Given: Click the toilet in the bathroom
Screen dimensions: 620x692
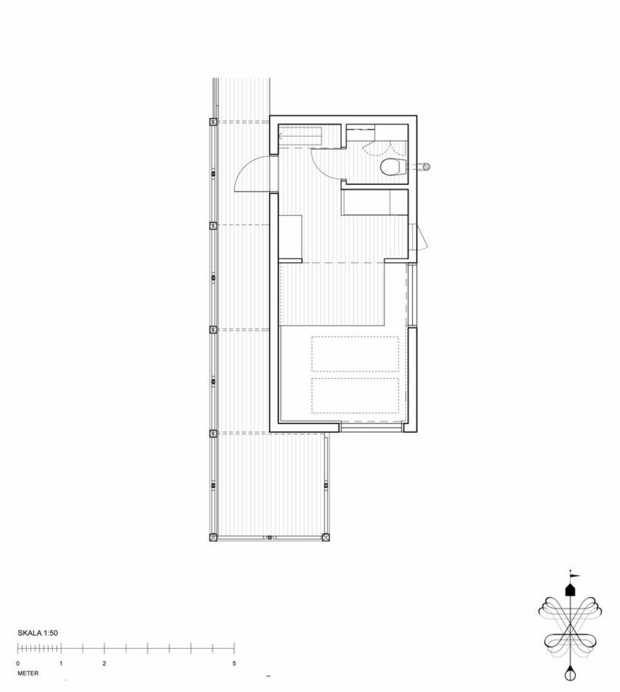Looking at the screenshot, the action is click(392, 168).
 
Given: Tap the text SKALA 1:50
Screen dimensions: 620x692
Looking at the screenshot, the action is click(38, 633).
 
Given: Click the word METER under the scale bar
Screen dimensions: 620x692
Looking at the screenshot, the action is click(28, 674).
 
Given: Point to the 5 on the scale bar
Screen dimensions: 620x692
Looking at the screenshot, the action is click(234, 663).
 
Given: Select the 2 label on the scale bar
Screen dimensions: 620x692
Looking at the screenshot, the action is click(104, 663).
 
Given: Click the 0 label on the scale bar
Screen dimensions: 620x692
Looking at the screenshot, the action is click(17, 663).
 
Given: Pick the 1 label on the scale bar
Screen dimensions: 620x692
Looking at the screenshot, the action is click(61, 663).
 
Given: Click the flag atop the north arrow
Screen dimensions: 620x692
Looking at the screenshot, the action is click(575, 576).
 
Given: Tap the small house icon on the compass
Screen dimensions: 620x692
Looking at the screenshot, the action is click(570, 590).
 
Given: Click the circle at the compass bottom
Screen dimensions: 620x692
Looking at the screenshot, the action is click(570, 675).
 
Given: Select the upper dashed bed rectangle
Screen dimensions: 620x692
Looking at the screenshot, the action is click(355, 354).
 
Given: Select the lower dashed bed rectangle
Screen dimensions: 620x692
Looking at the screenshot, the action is click(355, 396).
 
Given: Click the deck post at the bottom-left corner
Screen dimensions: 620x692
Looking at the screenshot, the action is click(214, 537).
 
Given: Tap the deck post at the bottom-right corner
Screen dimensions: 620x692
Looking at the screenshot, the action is click(326, 537).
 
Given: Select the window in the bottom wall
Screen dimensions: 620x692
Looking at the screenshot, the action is click(371, 427).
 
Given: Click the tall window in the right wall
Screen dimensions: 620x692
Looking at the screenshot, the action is click(412, 295).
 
